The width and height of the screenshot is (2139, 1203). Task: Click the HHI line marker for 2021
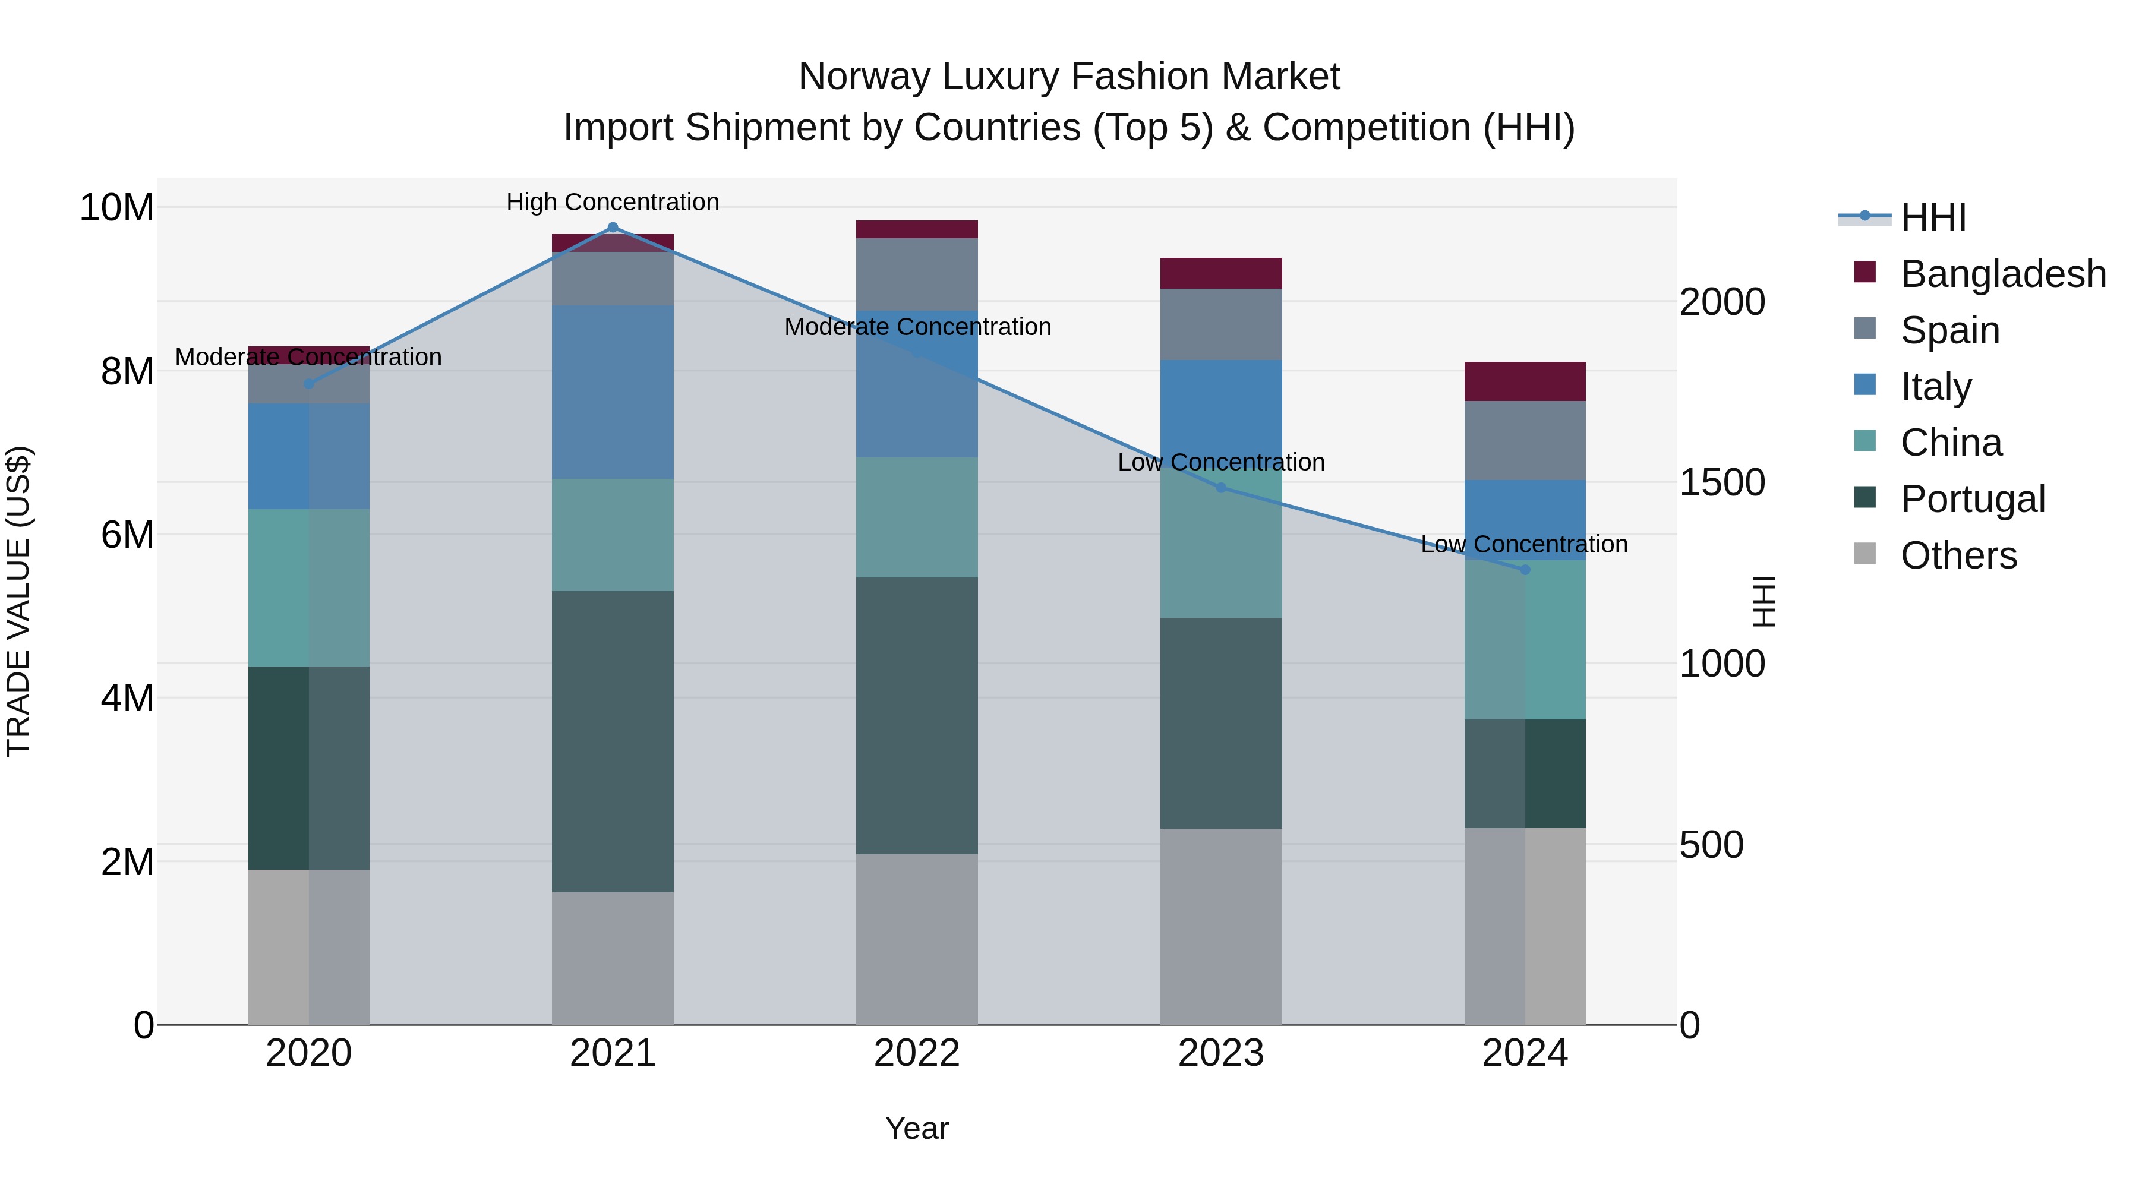[613, 228]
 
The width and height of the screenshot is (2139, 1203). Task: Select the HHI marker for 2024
[1525, 570]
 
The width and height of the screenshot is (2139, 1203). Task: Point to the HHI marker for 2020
[309, 384]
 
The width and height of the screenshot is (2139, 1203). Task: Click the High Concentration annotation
[613, 203]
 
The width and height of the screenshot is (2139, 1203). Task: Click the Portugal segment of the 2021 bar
[613, 741]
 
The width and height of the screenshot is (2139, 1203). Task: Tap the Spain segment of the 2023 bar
[1220, 324]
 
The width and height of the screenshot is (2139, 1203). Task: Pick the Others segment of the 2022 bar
[917, 939]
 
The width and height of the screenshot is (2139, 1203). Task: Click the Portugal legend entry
[1973, 499]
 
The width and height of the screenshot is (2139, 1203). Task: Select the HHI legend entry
[1933, 217]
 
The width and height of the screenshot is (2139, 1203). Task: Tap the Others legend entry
[1958, 555]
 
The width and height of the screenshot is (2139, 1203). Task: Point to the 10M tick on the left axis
[116, 207]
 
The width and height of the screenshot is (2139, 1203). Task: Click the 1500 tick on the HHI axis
[1722, 482]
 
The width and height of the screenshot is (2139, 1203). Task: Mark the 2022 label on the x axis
[917, 1053]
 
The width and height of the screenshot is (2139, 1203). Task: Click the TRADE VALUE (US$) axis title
[18, 601]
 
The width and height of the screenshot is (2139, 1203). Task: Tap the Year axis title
[917, 1128]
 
